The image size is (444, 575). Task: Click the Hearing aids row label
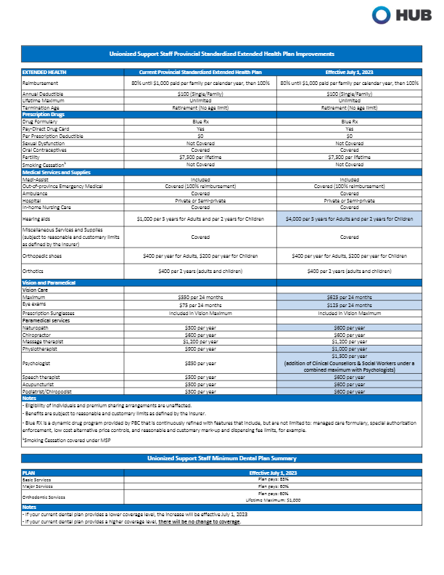tap(36, 217)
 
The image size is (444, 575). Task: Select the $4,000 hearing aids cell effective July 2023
tap(348, 217)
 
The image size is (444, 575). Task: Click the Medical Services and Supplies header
tap(54, 172)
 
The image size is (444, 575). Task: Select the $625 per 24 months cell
tap(348, 297)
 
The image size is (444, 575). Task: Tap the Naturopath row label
tap(37, 327)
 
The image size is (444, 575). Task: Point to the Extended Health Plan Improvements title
tap(221, 54)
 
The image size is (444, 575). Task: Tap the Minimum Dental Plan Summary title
tap(221, 458)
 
